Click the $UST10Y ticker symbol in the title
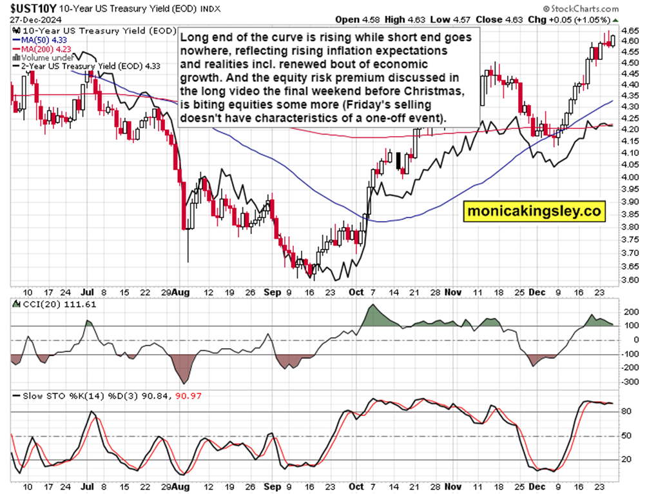point(29,7)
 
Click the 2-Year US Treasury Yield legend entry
point(83,65)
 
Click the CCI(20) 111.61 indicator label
point(59,304)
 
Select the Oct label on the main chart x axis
point(356,291)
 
